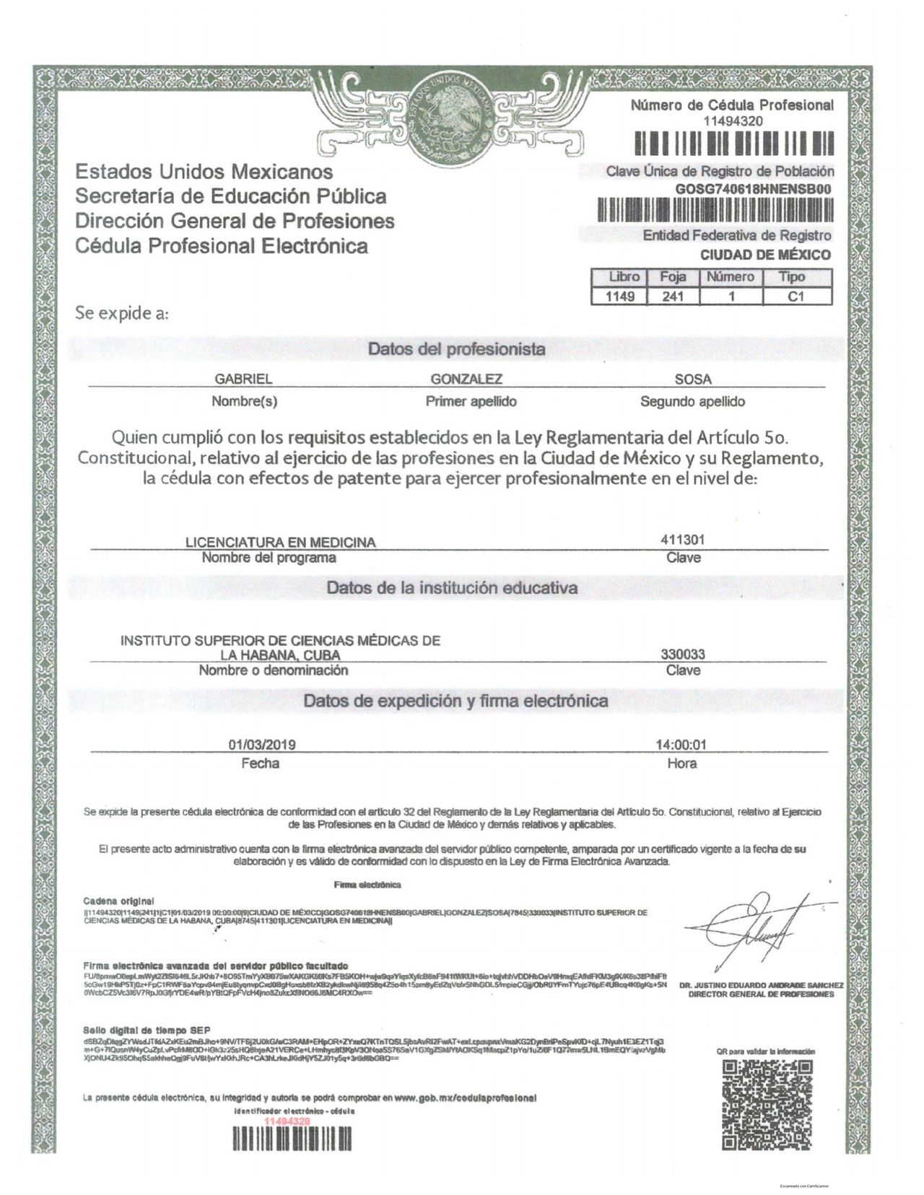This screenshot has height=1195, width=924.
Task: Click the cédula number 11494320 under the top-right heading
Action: [x=732, y=121]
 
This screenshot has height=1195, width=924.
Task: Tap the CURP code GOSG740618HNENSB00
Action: [x=753, y=188]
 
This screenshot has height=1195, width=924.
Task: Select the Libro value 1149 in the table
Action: [x=619, y=296]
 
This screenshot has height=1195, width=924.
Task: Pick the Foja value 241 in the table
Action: [x=671, y=296]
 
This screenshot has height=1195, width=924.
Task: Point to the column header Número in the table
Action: [x=730, y=277]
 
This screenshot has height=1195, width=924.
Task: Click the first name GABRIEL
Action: [x=243, y=380]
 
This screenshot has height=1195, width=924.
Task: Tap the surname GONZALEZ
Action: [x=466, y=380]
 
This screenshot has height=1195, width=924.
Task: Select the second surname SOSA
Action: [x=692, y=380]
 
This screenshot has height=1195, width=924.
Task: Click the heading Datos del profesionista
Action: [x=456, y=349]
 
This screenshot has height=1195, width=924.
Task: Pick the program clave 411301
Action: [x=682, y=540]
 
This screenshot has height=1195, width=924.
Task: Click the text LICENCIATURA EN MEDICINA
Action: [x=281, y=543]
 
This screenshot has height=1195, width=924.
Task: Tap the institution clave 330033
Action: [x=683, y=655]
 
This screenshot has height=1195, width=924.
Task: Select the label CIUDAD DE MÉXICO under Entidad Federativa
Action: [x=765, y=255]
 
